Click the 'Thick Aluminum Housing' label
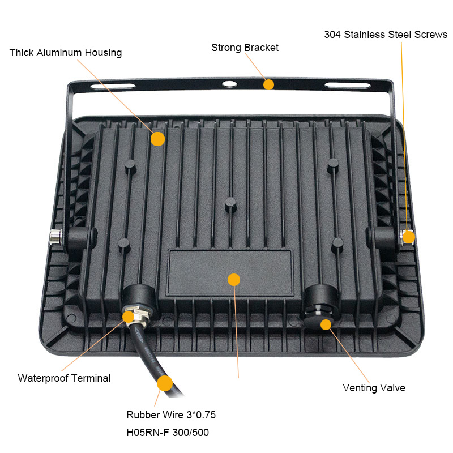(x=66, y=53)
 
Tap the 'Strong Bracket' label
(x=245, y=48)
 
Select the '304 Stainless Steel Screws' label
(x=386, y=35)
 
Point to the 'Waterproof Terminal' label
(x=64, y=378)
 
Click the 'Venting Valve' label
(x=374, y=388)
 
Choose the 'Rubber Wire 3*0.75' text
(x=171, y=415)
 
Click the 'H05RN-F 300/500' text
(x=168, y=433)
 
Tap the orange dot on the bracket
(x=268, y=84)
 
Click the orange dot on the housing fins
(x=158, y=139)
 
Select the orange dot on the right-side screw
(x=409, y=237)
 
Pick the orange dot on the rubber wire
(x=165, y=383)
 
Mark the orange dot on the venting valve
(x=326, y=324)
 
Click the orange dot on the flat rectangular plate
(x=234, y=280)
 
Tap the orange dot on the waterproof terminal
(x=129, y=317)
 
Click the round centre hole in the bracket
(x=229, y=84)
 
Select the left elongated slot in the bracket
(x=113, y=86)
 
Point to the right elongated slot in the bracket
(x=348, y=86)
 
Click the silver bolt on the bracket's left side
(x=55, y=237)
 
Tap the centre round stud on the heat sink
(x=230, y=204)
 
